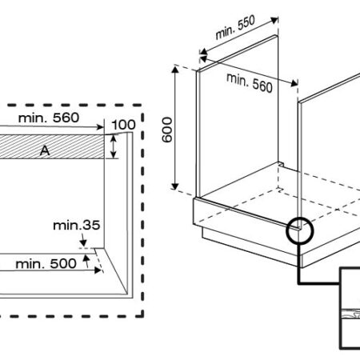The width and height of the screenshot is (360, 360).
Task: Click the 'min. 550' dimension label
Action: coord(235,27)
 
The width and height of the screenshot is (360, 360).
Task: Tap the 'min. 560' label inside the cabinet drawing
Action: coord(250,83)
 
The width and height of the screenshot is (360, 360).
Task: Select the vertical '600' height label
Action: coord(167,130)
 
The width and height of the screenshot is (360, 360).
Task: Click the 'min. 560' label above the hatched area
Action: coord(49,118)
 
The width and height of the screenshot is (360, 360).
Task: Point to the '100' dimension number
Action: coord(123,125)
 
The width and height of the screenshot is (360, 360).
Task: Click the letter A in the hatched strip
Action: coord(45,151)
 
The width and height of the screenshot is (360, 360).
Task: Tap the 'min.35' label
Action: coord(77,226)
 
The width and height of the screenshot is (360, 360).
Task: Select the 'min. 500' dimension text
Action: coord(46,264)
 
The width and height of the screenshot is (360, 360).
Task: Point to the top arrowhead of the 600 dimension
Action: coord(175,70)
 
